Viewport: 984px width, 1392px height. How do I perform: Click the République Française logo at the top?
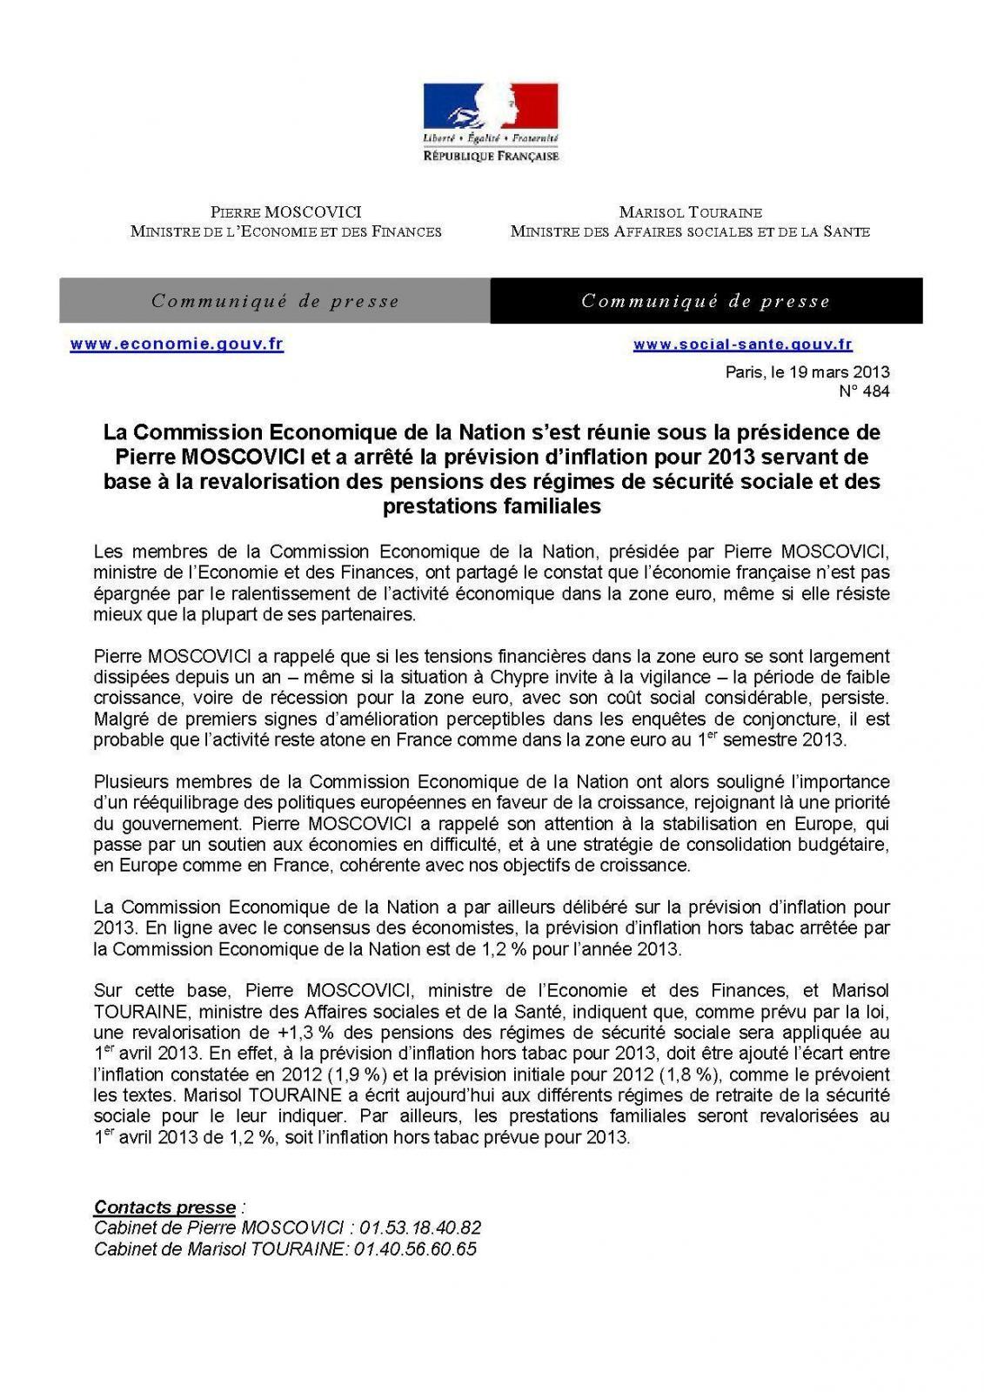491,122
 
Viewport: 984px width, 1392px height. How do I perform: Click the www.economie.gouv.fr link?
177,344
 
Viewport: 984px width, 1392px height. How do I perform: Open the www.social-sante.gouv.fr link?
742,345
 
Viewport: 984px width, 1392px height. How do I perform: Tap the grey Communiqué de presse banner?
275,301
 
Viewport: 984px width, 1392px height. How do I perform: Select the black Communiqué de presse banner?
706,301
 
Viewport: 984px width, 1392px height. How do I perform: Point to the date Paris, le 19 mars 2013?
807,372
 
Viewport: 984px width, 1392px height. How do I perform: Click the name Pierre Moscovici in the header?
286,212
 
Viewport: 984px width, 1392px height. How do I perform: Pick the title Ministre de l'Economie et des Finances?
286,231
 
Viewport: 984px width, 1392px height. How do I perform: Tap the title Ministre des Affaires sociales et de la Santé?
690,231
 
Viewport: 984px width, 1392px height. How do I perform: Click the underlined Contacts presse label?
164,1208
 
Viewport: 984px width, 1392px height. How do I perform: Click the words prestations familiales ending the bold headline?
492,506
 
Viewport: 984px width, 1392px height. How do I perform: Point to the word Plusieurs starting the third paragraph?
129,782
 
